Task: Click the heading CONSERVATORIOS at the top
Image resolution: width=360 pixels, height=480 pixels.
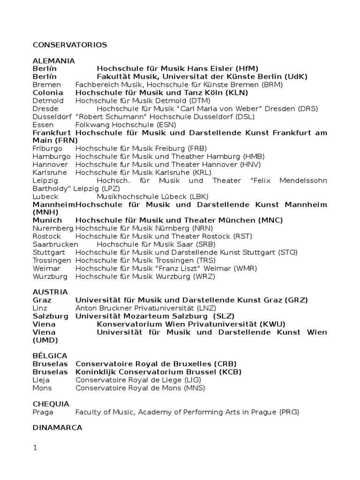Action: click(x=70, y=45)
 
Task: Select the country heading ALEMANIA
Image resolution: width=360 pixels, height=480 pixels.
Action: click(x=54, y=61)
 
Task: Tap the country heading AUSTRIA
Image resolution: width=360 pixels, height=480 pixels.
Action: click(x=50, y=292)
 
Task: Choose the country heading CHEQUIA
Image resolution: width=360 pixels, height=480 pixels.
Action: click(x=51, y=404)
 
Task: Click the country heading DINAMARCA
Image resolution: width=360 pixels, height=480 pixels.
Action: click(x=57, y=427)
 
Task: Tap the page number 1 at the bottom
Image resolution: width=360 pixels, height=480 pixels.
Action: click(x=35, y=448)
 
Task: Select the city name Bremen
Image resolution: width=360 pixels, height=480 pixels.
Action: click(x=47, y=85)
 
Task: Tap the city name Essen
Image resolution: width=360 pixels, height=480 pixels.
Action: click(x=43, y=125)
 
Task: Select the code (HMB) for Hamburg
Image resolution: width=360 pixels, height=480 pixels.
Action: click(x=252, y=156)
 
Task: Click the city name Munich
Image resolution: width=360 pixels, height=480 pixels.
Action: click(x=47, y=220)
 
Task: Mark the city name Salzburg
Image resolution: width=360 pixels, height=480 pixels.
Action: click(x=51, y=316)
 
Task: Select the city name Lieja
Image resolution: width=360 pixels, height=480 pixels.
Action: click(x=41, y=380)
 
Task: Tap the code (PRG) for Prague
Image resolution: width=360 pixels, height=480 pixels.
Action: click(x=289, y=412)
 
